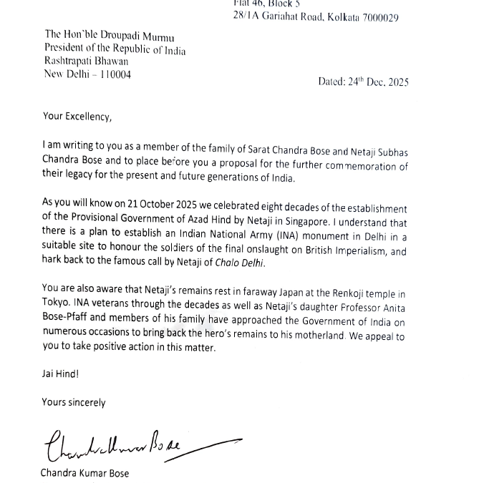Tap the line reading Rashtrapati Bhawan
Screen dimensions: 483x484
coord(87,62)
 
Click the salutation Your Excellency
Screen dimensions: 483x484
coord(77,117)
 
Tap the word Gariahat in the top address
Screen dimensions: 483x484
coord(287,17)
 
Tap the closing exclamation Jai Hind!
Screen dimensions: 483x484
coord(61,374)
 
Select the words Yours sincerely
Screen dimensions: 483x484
coord(74,402)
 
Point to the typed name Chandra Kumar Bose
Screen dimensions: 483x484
coord(84,473)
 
